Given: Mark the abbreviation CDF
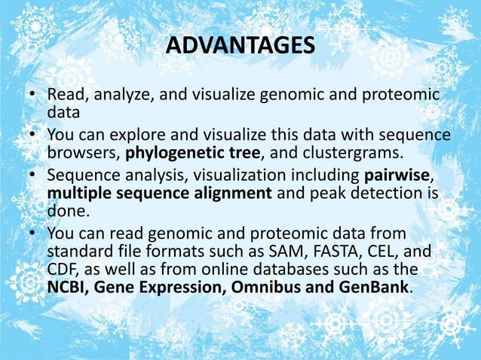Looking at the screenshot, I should pos(63,270).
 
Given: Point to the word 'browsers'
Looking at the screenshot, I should pos(82,156).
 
